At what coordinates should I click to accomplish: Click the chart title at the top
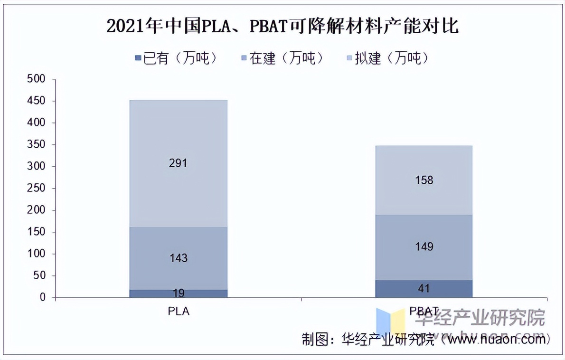282,26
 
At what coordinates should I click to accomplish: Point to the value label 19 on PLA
179,293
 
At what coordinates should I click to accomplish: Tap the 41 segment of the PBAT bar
424,288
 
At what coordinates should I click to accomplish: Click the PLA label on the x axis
179,312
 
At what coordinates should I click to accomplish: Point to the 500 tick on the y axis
37,79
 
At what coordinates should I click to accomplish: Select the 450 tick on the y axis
37,101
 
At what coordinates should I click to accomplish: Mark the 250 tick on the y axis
37,189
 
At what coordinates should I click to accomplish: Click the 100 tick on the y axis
37,254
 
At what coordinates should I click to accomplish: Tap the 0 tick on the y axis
42,298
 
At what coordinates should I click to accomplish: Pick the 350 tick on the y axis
37,145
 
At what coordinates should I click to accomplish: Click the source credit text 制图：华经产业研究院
368,340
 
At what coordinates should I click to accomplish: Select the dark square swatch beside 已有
138,58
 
